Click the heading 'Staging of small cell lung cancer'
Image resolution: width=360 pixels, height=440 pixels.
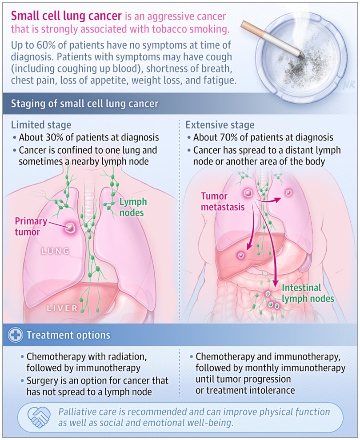click(x=84, y=104)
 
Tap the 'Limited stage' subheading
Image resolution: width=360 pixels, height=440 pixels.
click(x=41, y=125)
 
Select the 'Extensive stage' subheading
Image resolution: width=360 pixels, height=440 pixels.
click(x=220, y=125)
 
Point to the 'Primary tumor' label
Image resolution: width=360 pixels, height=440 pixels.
click(x=28, y=226)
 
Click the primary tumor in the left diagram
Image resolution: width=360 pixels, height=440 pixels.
click(x=70, y=228)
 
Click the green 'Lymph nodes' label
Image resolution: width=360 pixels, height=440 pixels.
click(x=132, y=208)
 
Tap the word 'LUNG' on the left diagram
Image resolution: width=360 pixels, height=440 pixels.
click(x=56, y=252)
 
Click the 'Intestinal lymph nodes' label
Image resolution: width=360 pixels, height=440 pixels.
click(x=307, y=293)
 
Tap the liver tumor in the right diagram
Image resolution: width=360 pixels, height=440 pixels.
click(x=241, y=256)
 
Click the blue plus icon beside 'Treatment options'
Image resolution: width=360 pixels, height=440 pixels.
click(x=16, y=335)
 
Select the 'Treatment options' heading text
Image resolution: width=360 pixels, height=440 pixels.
click(x=68, y=335)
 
